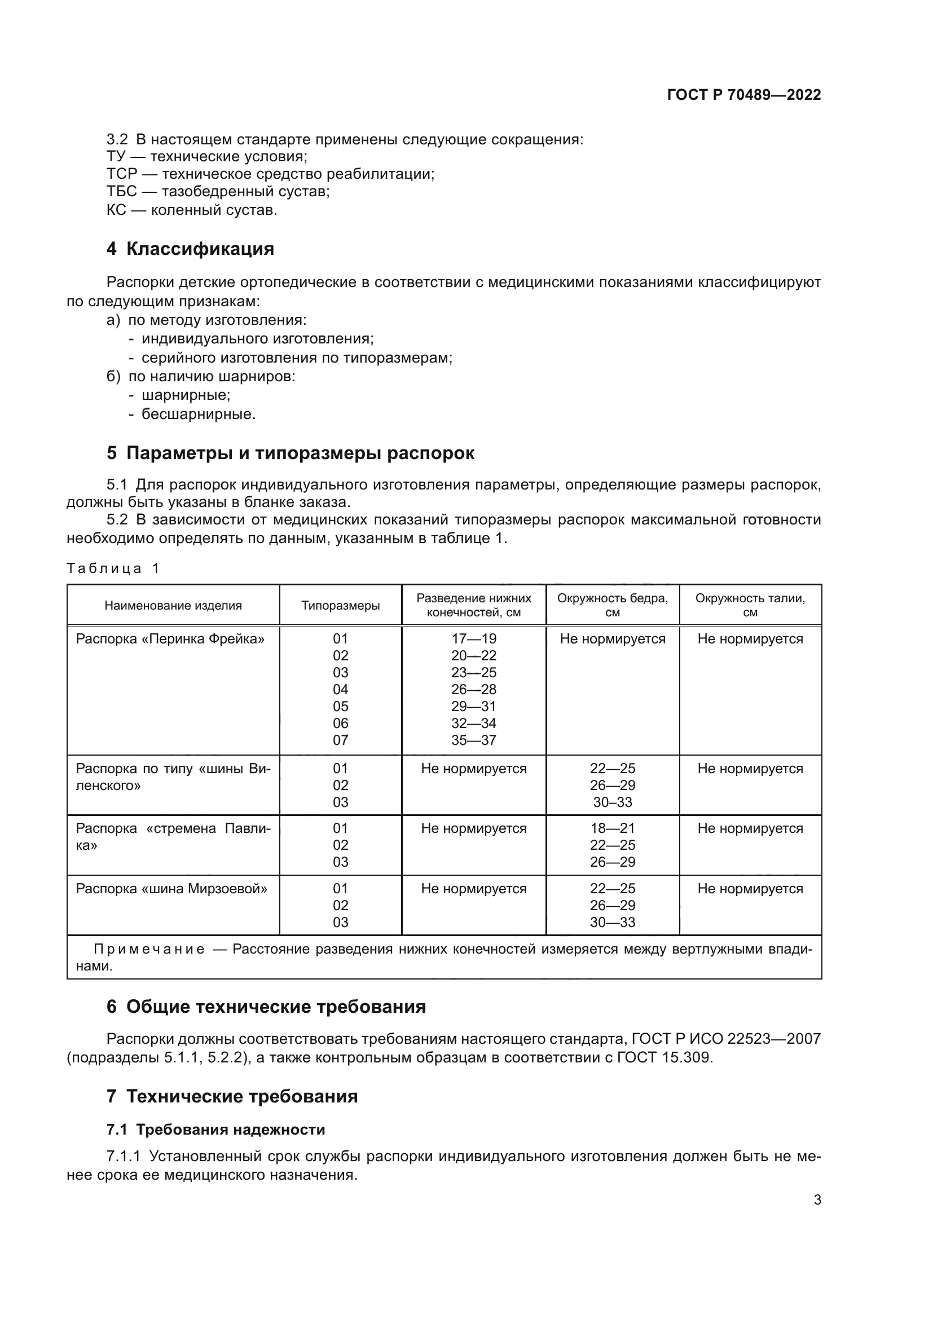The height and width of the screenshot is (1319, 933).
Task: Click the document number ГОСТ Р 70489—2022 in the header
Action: (x=743, y=95)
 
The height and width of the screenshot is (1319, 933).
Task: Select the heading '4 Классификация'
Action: (x=190, y=249)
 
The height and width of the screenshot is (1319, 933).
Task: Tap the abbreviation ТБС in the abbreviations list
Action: (x=121, y=191)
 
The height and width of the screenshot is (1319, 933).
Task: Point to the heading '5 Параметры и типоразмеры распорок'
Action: (x=290, y=453)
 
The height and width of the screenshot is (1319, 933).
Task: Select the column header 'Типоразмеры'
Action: (x=340, y=605)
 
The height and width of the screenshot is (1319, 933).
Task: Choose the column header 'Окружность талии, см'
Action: (x=750, y=605)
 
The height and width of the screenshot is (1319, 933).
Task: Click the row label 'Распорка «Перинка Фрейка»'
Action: (x=170, y=638)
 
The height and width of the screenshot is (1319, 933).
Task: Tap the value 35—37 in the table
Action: (x=473, y=740)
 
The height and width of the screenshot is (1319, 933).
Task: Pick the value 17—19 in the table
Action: (x=473, y=638)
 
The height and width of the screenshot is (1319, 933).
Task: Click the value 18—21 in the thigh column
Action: (x=612, y=828)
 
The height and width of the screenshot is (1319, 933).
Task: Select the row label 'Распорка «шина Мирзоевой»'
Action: (x=171, y=888)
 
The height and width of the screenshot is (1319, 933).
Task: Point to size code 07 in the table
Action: (x=340, y=740)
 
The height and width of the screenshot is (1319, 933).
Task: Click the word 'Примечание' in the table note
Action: (x=149, y=949)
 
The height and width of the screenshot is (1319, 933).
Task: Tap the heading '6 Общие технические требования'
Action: (x=266, y=1007)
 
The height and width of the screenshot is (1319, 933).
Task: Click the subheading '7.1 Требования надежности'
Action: (x=215, y=1130)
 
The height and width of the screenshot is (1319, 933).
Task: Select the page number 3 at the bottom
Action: (x=817, y=1199)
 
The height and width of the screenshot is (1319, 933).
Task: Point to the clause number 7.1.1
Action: (x=123, y=1156)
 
